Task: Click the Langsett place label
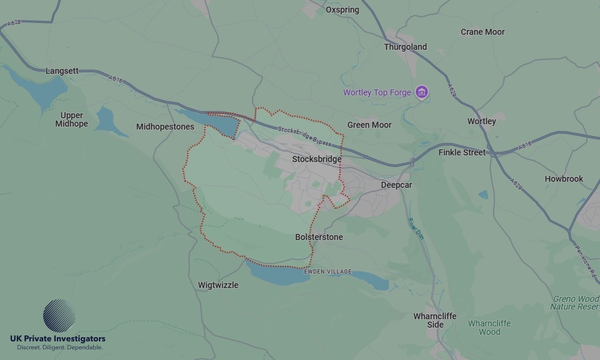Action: point(62,71)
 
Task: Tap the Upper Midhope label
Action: point(71,119)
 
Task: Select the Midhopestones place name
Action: point(165,127)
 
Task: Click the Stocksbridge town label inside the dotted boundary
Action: point(316,159)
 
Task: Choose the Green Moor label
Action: point(369,125)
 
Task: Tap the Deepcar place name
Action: point(396,185)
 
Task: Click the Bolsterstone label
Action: point(319,237)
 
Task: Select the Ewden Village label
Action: point(328,272)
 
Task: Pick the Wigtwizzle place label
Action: point(218,285)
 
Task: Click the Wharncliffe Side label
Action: point(434,320)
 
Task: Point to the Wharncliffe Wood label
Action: point(489,327)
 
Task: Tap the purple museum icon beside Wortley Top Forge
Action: point(422,92)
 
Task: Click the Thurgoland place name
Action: point(405,47)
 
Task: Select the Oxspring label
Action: point(342,10)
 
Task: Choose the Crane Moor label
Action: point(482,32)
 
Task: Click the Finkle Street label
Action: point(461,152)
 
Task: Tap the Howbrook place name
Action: point(563,179)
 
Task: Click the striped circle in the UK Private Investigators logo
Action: point(59,316)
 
